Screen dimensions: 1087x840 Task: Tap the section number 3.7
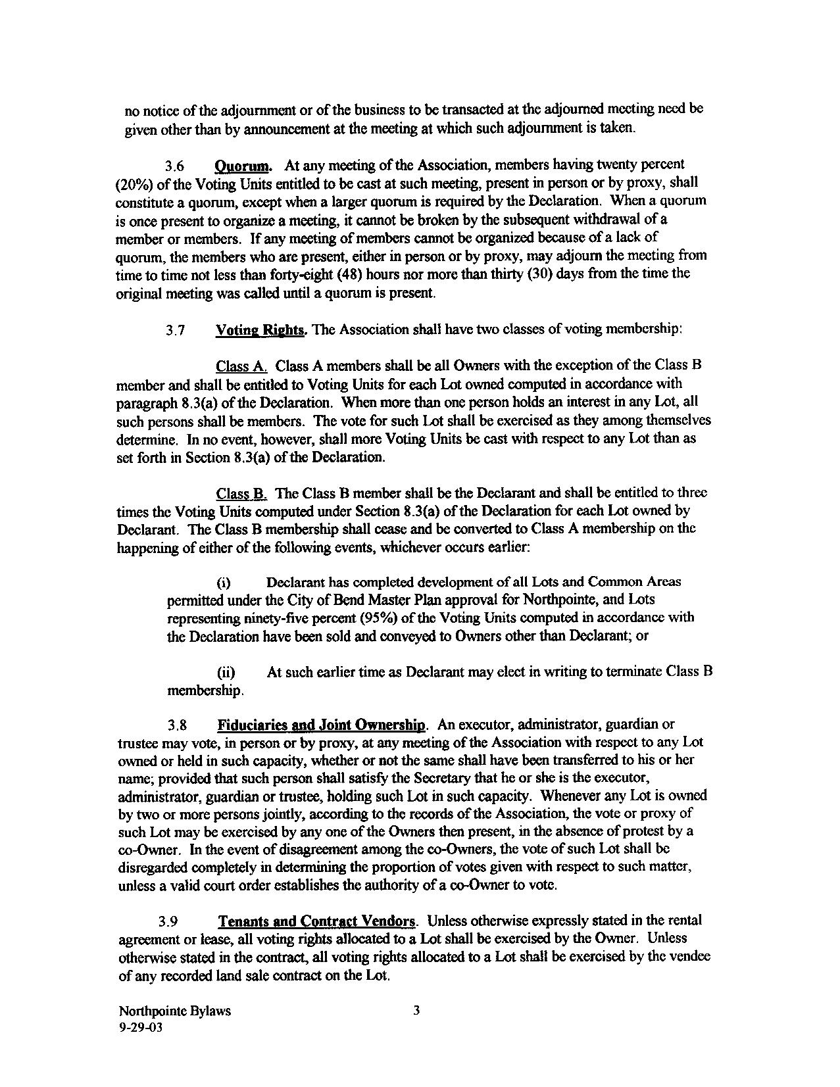[174, 331]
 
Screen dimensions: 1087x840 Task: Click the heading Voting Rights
[260, 330]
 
